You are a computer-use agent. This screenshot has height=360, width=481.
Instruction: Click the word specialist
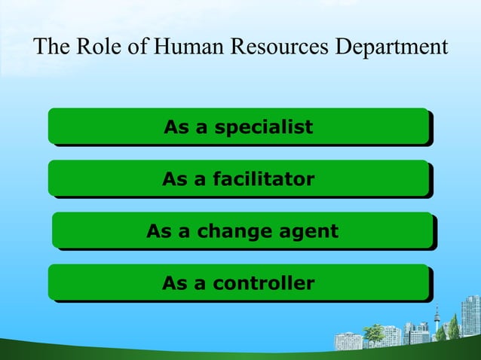click(x=263, y=127)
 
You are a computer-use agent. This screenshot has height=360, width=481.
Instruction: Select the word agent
click(x=306, y=232)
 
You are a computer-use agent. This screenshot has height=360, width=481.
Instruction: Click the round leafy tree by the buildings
click(x=374, y=331)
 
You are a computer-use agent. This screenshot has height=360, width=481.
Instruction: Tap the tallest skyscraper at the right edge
click(x=470, y=316)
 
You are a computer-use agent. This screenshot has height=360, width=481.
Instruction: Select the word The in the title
click(x=51, y=47)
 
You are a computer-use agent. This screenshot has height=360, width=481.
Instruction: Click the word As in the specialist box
click(x=176, y=127)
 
